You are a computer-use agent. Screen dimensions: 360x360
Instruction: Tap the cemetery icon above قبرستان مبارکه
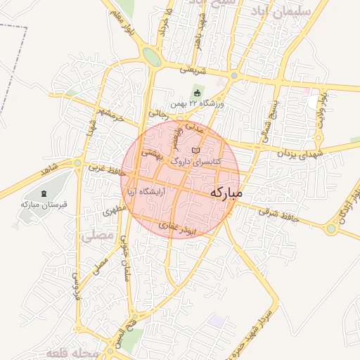[44, 193]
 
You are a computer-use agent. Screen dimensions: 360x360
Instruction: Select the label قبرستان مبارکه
[44, 205]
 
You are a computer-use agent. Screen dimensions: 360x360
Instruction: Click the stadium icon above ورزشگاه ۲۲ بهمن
[197, 94]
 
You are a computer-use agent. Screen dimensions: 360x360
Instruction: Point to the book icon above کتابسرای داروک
[195, 150]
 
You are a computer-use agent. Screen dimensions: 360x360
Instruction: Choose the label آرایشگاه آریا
[145, 191]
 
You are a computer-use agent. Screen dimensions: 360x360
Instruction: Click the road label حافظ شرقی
[278, 214]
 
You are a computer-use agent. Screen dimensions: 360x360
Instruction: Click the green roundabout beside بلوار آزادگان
[330, 229]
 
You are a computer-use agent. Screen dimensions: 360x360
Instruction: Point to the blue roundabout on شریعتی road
[233, 76]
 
